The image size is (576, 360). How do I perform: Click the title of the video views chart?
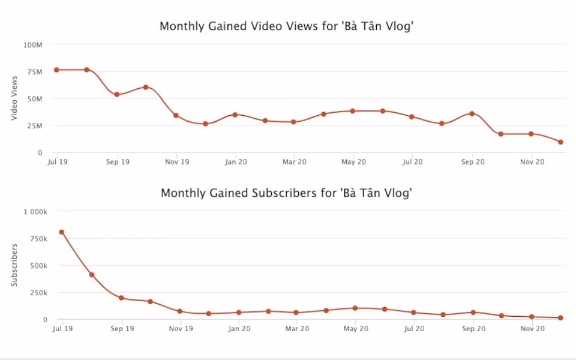coord(286,27)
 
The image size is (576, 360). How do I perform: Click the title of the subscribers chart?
coord(286,194)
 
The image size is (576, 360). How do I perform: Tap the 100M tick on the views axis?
coord(32,45)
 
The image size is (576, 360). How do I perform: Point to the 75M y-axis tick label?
coord(34,72)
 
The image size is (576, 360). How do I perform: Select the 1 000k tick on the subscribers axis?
coord(35,212)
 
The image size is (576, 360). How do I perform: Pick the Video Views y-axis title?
coord(14,99)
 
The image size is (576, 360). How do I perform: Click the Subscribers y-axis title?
coord(14,265)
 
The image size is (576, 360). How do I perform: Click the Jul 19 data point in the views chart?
coord(56,70)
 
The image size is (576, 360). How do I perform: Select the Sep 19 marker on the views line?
coord(117,95)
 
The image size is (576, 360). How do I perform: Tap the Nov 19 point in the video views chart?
coord(176,115)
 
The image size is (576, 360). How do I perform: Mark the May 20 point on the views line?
coord(353,111)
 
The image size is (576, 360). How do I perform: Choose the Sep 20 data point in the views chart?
coord(472,113)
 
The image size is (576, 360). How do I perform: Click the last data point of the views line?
coord(560,142)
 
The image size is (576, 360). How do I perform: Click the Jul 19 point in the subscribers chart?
coord(61,232)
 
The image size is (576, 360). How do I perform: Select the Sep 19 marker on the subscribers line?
coord(121,298)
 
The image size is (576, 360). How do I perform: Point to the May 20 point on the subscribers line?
coord(355,308)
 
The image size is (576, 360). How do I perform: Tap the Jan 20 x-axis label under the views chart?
coord(236,162)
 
